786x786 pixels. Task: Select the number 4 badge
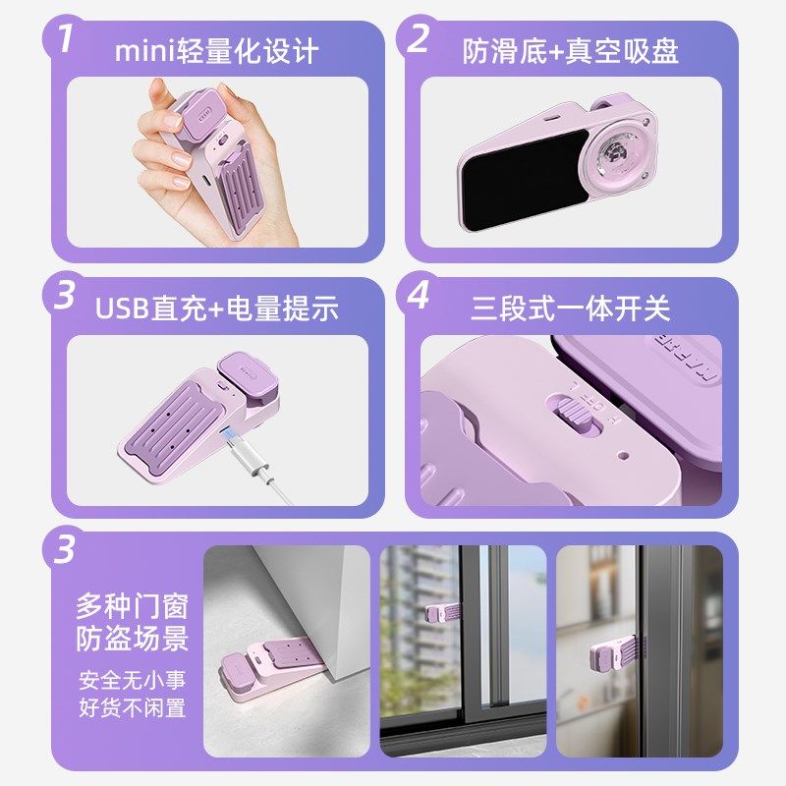pos(419,295)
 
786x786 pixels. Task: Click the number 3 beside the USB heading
pos(65,295)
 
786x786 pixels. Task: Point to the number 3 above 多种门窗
pos(65,550)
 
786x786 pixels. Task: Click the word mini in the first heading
pos(143,51)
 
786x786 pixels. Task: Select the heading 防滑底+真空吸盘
pos(570,51)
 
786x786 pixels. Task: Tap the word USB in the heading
pos(123,308)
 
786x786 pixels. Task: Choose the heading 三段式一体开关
pos(570,308)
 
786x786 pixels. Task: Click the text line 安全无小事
pos(133,680)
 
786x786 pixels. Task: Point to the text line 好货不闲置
pos(133,707)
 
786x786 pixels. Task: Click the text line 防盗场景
pos(133,640)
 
